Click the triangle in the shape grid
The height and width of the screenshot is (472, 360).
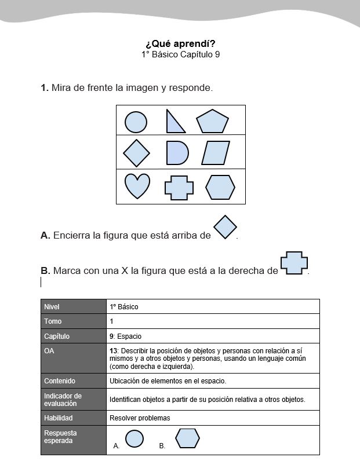point(174,122)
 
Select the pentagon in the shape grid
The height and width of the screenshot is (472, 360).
point(212,122)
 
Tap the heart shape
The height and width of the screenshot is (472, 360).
point(137,185)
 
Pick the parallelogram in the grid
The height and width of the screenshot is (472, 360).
point(216,153)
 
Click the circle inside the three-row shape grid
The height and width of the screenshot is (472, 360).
point(136,122)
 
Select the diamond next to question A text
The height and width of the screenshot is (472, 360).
point(226,227)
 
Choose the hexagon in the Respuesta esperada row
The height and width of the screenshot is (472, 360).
point(188,438)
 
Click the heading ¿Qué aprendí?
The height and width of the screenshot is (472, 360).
point(180,44)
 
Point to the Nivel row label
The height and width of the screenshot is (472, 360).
point(52,307)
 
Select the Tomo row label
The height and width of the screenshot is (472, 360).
point(53,321)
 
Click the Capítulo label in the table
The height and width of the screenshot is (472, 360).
point(57,336)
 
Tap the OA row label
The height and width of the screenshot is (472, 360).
point(49,351)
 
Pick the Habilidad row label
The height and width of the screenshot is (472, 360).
point(59,418)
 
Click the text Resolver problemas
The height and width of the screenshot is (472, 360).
point(140,418)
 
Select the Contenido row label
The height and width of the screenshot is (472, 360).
point(60,380)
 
